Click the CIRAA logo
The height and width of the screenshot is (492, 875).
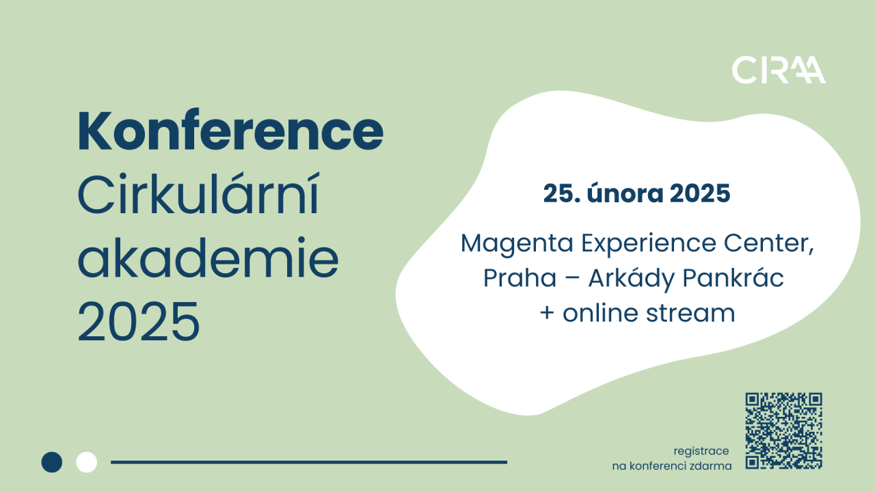(x=779, y=70)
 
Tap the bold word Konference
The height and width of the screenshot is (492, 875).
(x=230, y=131)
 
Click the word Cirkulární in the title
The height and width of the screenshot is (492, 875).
(x=199, y=194)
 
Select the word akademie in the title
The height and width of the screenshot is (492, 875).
(x=208, y=258)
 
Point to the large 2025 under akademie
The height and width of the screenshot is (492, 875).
(x=139, y=322)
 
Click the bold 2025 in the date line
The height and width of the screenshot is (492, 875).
(x=700, y=193)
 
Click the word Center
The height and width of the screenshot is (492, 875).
(x=769, y=244)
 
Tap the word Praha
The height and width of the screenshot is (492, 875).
(x=520, y=278)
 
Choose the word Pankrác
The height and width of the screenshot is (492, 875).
(x=733, y=277)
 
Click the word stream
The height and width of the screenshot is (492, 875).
(x=690, y=313)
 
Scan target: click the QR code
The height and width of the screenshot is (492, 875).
(x=783, y=430)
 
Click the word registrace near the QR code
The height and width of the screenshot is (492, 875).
(x=701, y=452)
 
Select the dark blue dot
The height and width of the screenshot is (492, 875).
(x=52, y=462)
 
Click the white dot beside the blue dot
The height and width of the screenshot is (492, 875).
(x=86, y=462)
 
